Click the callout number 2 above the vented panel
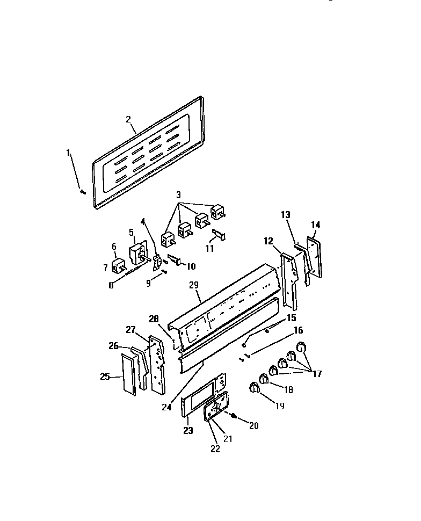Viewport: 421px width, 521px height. click(x=129, y=119)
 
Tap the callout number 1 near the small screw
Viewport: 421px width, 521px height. click(x=69, y=153)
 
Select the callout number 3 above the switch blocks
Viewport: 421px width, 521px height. click(x=179, y=194)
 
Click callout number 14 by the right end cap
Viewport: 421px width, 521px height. click(x=315, y=225)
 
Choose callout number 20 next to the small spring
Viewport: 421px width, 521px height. click(x=253, y=425)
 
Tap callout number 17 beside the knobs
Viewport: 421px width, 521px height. click(x=317, y=374)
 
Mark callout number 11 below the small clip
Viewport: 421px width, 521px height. click(x=209, y=248)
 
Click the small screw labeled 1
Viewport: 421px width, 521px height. click(x=82, y=191)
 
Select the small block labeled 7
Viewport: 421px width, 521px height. click(x=118, y=266)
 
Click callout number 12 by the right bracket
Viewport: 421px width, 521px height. click(x=268, y=241)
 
